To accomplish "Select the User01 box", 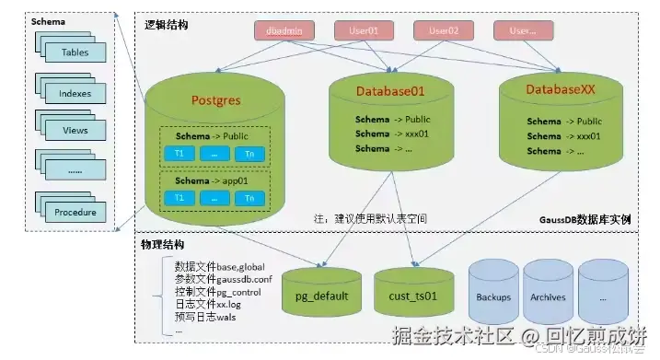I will tap(363, 30).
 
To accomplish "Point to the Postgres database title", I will tap(215, 99).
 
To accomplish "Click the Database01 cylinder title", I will tap(391, 91).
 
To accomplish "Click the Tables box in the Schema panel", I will tap(75, 52).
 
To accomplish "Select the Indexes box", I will tap(75, 93).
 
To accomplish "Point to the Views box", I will tap(75, 131).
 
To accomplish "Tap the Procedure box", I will tap(75, 211).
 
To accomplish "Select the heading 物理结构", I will tap(163, 245).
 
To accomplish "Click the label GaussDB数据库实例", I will tap(585, 221).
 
